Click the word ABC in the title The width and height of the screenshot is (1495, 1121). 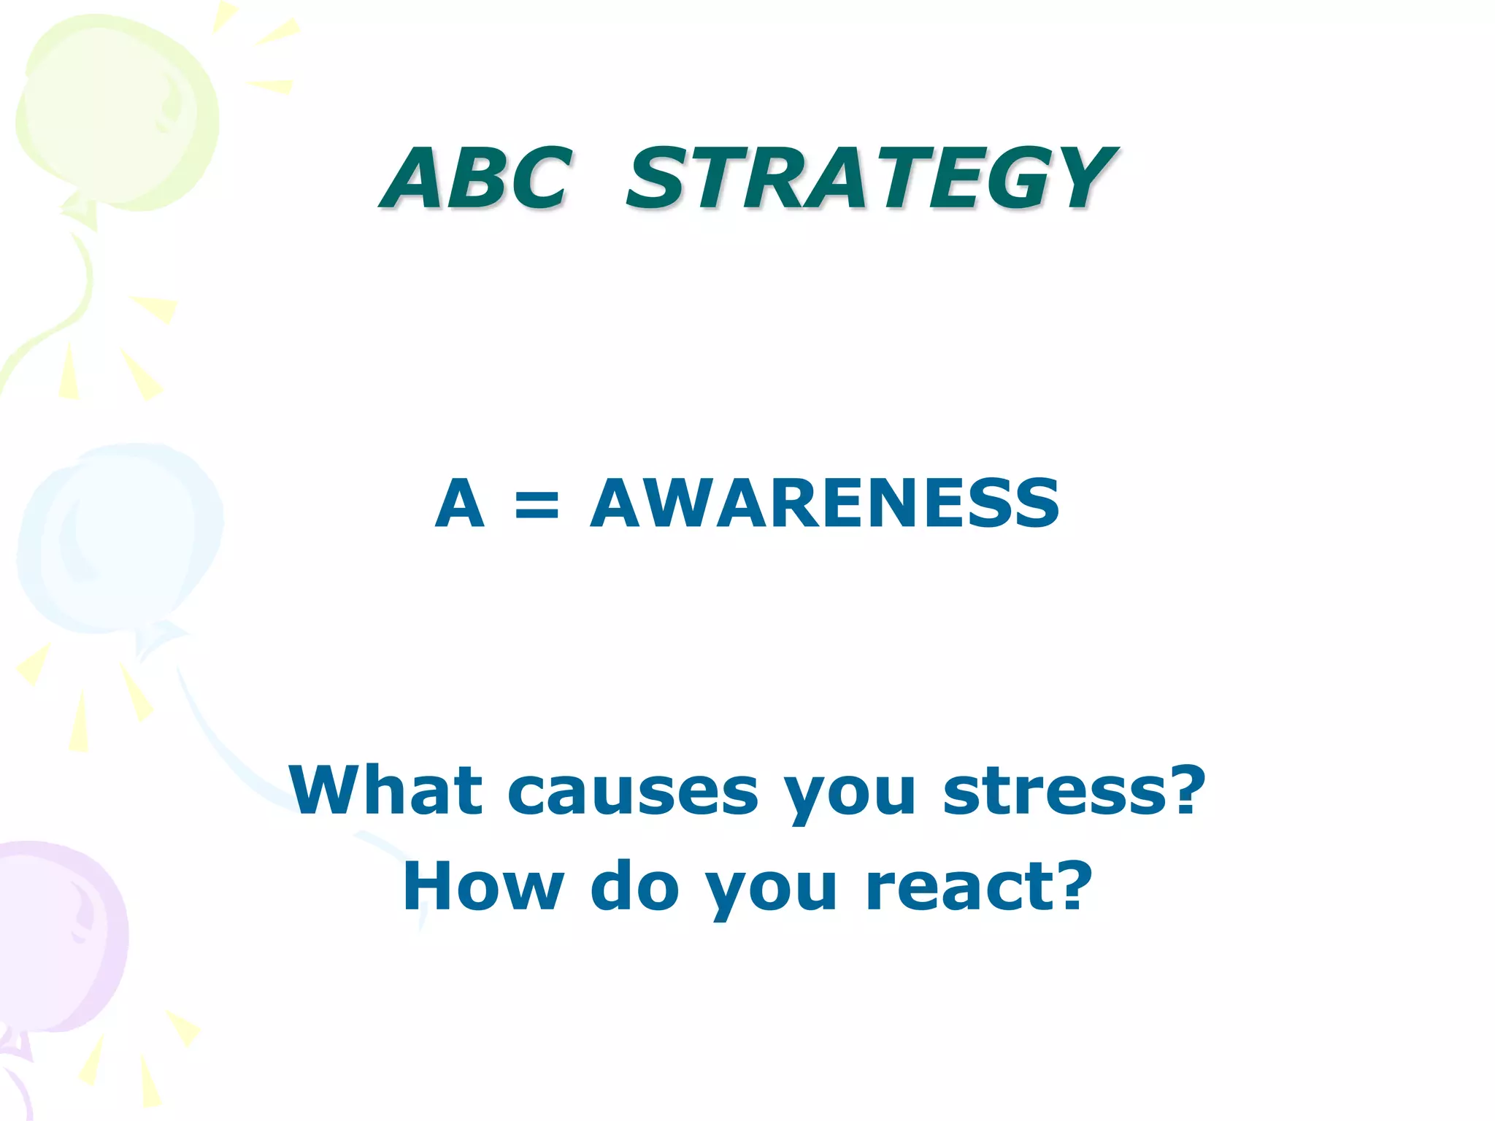475,178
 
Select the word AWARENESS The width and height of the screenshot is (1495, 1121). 824,503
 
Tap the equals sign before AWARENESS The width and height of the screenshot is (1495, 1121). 537,505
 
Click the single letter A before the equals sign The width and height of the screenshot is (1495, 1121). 459,503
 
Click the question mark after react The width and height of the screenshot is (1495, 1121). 1069,885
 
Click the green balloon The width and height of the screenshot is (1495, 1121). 117,109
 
